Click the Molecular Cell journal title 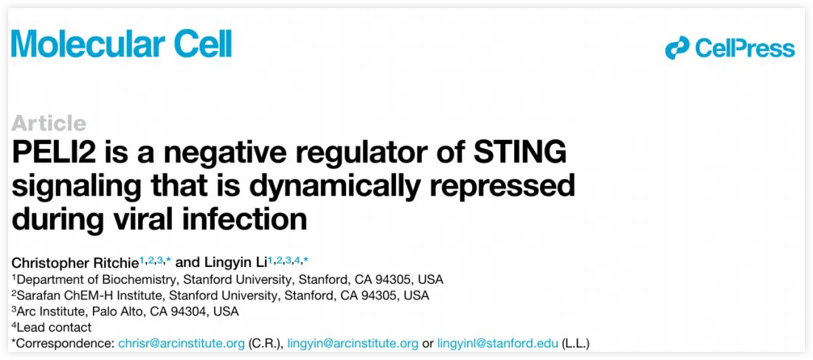click(121, 44)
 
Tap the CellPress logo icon click(677, 48)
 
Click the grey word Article click(49, 123)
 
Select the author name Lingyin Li click(238, 262)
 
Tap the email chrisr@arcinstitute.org click(181, 343)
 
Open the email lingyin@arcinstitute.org click(353, 343)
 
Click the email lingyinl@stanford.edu click(498, 343)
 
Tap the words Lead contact click(54, 328)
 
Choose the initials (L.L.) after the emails click(576, 343)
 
